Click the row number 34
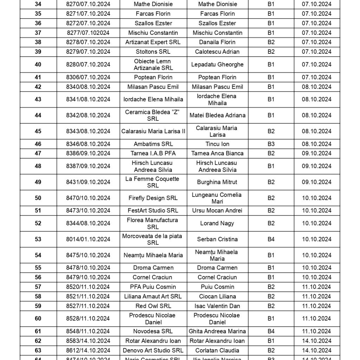(x=38, y=4)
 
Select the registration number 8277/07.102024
(x=88, y=33)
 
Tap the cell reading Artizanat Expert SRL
(x=153, y=42)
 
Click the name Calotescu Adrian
(x=217, y=52)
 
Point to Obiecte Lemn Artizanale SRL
(x=153, y=64)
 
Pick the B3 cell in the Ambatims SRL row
(x=271, y=144)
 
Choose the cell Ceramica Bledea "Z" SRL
(x=153, y=115)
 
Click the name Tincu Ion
(x=217, y=144)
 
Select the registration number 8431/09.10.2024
(x=88, y=182)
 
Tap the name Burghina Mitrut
(x=217, y=182)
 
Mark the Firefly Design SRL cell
(x=153, y=198)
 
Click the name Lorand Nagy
(x=217, y=223)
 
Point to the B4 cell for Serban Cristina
(x=271, y=239)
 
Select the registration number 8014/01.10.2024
(x=88, y=239)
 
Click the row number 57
(x=38, y=287)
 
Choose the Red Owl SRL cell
(x=153, y=306)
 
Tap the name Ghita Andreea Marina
(x=217, y=331)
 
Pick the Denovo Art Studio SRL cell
(x=153, y=350)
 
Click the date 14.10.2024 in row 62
(x=316, y=341)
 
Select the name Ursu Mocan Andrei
(x=217, y=211)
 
